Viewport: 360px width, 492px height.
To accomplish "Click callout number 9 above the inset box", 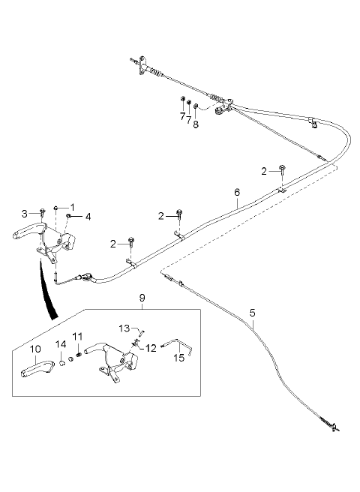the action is coord(142,298).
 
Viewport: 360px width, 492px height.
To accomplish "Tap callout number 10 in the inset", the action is coord(35,349).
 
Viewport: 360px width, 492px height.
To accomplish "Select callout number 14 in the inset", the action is coord(61,344).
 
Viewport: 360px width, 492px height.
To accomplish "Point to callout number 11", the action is coord(77,337).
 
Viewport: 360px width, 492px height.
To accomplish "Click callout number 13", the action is coord(124,328).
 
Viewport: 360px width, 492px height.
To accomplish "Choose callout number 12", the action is coord(151,348).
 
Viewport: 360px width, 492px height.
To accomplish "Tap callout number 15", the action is coord(179,358).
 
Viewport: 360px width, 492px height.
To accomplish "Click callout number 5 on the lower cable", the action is coord(253,313).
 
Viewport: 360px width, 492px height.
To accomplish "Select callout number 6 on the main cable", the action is coord(237,192).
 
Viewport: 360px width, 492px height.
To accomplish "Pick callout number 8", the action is coord(196,124).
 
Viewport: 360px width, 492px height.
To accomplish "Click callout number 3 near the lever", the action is coord(25,214).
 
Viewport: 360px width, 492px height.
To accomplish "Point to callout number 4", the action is coord(88,217).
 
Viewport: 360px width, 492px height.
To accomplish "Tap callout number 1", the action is coord(73,208).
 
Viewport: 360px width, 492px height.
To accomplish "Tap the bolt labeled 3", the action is coord(42,212).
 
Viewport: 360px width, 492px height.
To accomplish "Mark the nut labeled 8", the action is coord(195,106).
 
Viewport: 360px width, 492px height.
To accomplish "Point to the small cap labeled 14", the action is coord(62,363).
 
